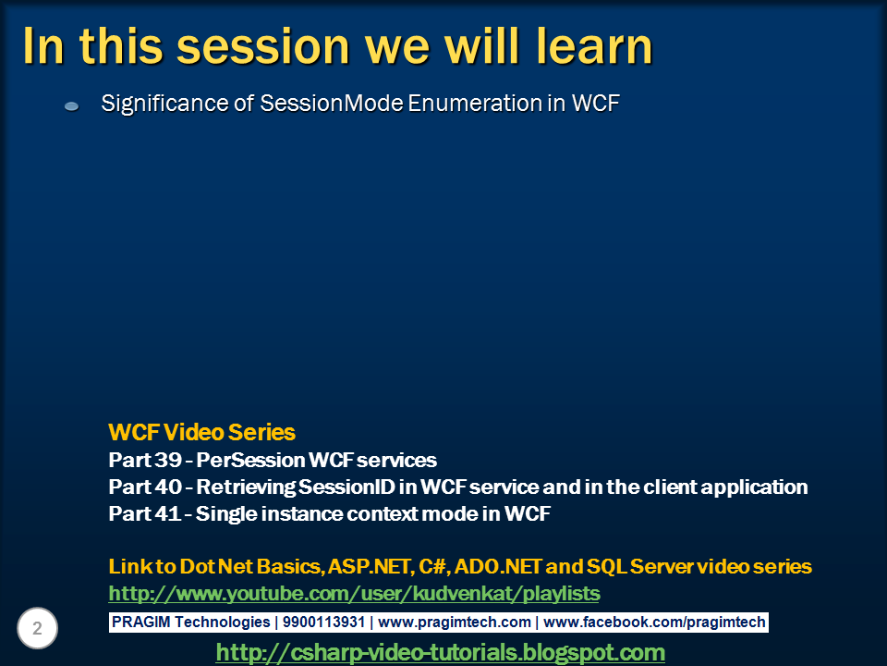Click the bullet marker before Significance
pos(72,107)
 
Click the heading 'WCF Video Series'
pos(201,432)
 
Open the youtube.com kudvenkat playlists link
pos(354,593)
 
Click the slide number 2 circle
pos(37,629)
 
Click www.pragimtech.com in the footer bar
pos(455,623)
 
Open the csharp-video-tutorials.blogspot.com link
pos(440,652)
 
